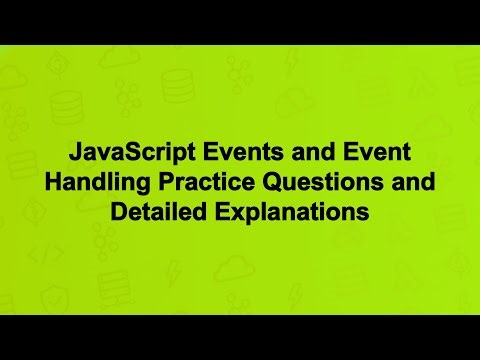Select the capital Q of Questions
click(x=265, y=185)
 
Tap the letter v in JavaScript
click(x=106, y=157)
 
